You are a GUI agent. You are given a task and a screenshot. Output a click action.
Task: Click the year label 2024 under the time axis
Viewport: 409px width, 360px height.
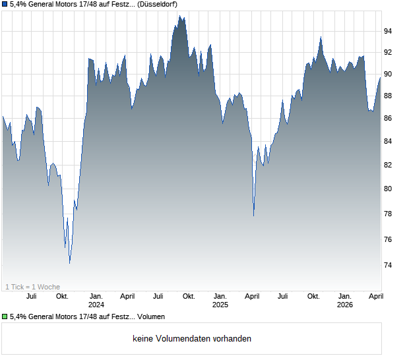pos(96,305)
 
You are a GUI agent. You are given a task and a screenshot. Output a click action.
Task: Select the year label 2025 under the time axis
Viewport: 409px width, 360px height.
pos(220,305)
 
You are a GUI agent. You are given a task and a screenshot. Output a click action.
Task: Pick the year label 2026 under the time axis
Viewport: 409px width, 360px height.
pos(345,305)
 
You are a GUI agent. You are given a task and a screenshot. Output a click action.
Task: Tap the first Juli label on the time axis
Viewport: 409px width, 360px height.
pos(31,297)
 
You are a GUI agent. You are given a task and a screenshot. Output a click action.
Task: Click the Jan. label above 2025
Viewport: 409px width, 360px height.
pos(220,297)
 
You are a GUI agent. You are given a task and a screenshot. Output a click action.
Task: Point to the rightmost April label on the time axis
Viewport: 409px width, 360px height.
pos(376,297)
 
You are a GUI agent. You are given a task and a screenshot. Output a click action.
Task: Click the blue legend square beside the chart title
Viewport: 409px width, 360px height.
pos(5,4)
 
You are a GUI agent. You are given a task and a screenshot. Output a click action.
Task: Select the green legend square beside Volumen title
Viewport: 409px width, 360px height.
pos(5,316)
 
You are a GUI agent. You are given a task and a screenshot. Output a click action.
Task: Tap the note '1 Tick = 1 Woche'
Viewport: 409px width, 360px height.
pos(32,287)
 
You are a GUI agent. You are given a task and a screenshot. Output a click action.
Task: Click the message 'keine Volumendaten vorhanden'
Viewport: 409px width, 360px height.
pos(192,339)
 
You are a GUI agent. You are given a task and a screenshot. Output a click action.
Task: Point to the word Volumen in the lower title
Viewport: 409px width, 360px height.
pos(152,316)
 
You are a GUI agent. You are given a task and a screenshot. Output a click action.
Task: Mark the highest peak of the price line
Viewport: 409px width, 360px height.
pos(179,16)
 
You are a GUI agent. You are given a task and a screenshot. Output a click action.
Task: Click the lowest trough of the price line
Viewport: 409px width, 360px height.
pos(69,263)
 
